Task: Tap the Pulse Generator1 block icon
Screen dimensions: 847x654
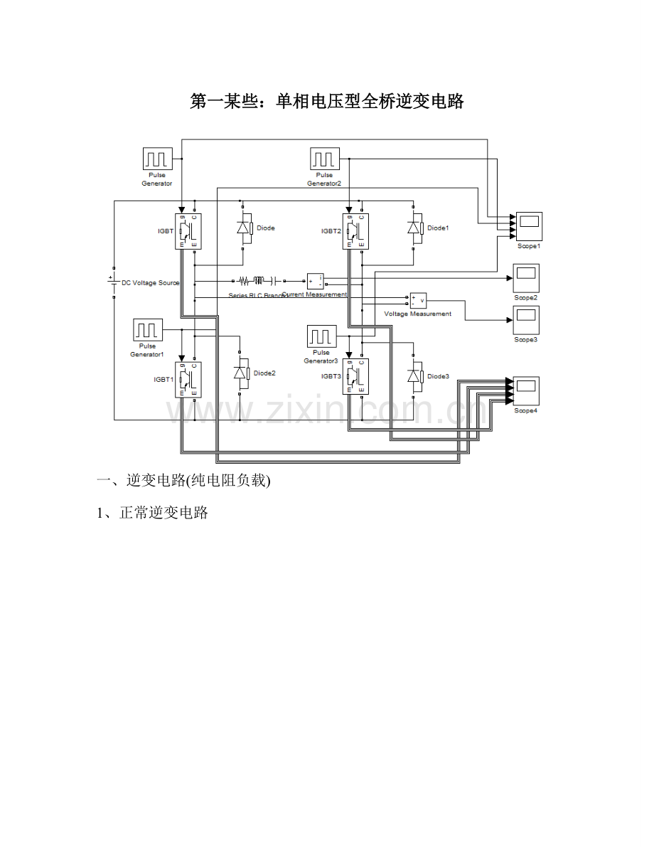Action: tap(148, 331)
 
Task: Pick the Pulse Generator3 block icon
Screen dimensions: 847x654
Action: tap(321, 336)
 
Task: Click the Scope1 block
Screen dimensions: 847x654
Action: tap(529, 227)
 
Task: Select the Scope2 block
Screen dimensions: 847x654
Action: tap(526, 278)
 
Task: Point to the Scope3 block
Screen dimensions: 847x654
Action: tap(526, 320)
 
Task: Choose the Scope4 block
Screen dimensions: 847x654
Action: tap(526, 391)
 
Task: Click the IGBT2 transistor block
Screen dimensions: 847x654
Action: tap(356, 231)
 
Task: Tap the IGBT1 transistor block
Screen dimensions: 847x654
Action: tap(189, 379)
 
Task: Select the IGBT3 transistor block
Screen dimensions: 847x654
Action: tap(356, 376)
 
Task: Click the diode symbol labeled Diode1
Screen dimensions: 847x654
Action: tap(414, 228)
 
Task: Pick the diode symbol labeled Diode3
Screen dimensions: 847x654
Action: tap(414, 376)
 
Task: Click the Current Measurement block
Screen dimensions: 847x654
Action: tap(315, 282)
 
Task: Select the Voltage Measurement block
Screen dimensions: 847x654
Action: tap(418, 300)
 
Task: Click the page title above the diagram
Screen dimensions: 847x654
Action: tap(327, 102)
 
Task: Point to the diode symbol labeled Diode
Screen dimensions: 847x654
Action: tap(244, 228)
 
